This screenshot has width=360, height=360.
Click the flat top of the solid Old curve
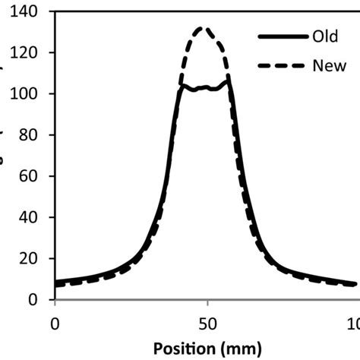(x=205, y=88)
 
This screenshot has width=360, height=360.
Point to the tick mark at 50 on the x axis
(x=207, y=303)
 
